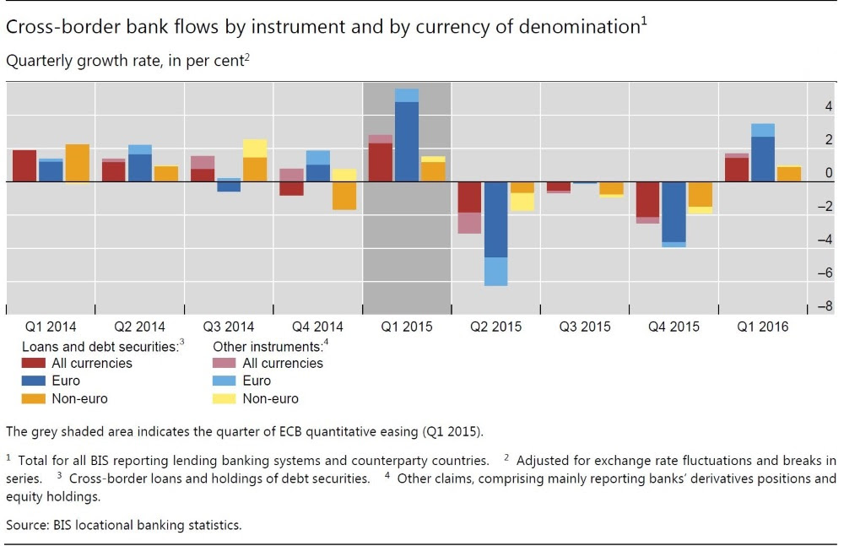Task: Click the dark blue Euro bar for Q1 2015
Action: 407,141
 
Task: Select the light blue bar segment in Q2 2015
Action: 495,271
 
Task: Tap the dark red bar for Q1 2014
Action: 24,165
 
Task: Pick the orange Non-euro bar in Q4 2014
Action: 344,196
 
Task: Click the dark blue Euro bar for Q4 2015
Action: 674,212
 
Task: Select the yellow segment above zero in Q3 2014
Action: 255,149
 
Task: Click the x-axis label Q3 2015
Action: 585,327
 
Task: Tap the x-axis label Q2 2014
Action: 140,327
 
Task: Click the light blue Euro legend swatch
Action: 226,381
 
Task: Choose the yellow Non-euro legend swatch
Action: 226,398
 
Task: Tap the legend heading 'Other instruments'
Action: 268,346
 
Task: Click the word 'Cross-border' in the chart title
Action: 47,27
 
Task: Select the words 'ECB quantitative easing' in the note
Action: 354,433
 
